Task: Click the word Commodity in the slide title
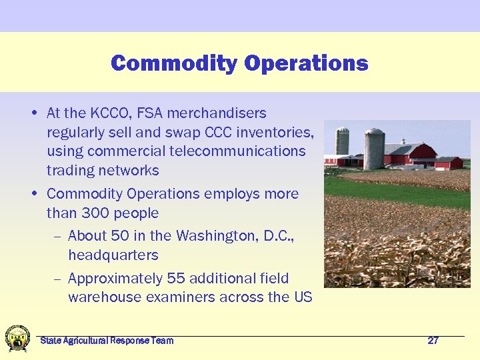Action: [174, 63]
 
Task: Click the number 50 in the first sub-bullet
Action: [121, 235]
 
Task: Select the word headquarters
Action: [113, 255]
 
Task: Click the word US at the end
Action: [303, 297]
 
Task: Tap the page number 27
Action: [433, 341]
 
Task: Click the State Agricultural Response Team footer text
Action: [107, 341]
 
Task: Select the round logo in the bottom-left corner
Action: [17, 338]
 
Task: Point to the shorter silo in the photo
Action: [343, 141]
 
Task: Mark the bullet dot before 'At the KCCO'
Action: [34, 113]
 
